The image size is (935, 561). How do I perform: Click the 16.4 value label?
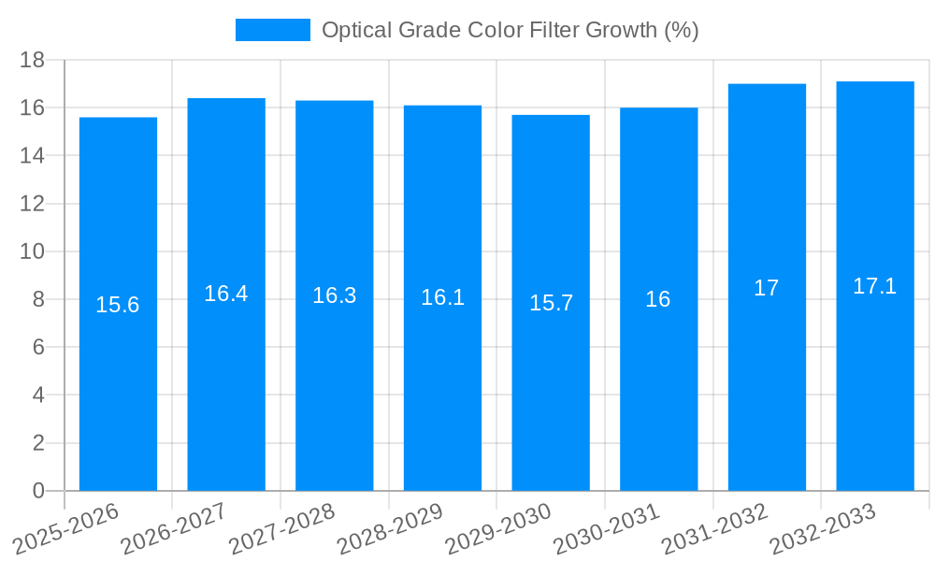click(x=225, y=294)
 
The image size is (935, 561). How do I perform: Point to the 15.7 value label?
click(x=551, y=303)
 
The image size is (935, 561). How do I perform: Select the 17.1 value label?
click(x=875, y=286)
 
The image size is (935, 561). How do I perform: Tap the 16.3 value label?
click(x=334, y=295)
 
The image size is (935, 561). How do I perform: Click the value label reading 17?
click(x=767, y=288)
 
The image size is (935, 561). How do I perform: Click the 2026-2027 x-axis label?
click(x=175, y=528)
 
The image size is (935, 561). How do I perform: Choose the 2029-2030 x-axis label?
click(x=499, y=528)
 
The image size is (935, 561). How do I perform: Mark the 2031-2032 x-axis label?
click(x=715, y=528)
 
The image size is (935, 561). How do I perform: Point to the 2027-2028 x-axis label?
click(x=282, y=528)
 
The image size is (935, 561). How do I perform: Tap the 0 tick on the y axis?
click(x=38, y=491)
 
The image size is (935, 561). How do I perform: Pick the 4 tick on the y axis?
click(x=38, y=396)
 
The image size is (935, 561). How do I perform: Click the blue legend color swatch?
click(x=272, y=30)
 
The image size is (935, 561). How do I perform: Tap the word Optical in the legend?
click(x=354, y=30)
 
